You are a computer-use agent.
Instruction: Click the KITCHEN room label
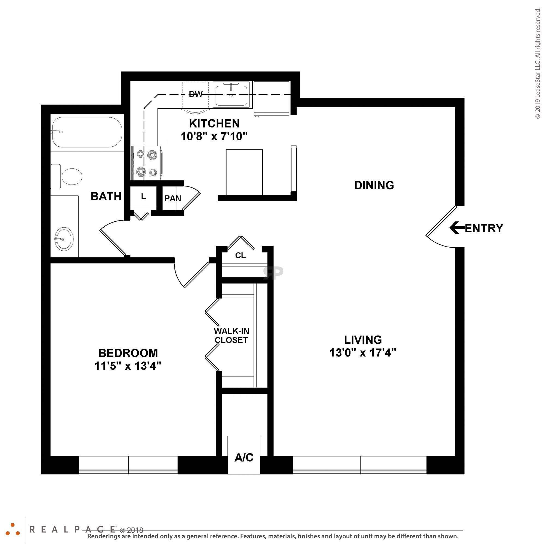coord(214,124)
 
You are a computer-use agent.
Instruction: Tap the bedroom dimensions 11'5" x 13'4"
coord(128,366)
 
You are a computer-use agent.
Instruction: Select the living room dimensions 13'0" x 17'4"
coord(363,353)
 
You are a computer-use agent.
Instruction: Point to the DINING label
coord(374,185)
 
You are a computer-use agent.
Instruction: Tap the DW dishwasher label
coord(195,94)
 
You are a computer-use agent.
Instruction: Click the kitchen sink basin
coord(231,96)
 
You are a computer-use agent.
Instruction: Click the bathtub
coord(87,132)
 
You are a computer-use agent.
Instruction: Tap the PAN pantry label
coord(173,198)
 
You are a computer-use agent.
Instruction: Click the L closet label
coord(143,197)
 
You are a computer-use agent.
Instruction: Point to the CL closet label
coord(241,256)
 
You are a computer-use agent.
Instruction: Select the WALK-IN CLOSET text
coord(231,336)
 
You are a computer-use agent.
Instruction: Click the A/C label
coord(244,457)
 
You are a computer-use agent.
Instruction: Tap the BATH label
coord(106,196)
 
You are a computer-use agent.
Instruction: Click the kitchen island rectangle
coord(244,172)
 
